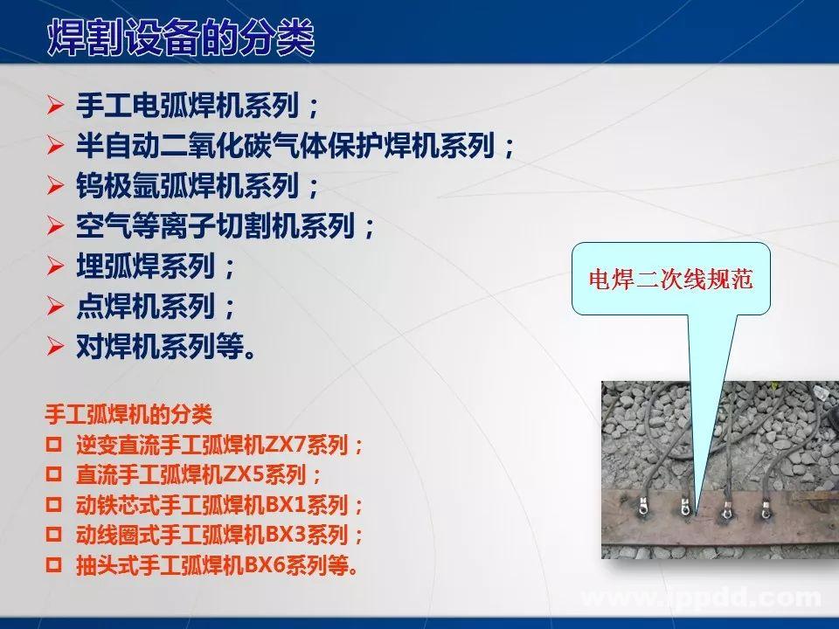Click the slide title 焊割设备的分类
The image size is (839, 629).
179,39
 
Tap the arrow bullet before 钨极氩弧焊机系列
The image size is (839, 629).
56,185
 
